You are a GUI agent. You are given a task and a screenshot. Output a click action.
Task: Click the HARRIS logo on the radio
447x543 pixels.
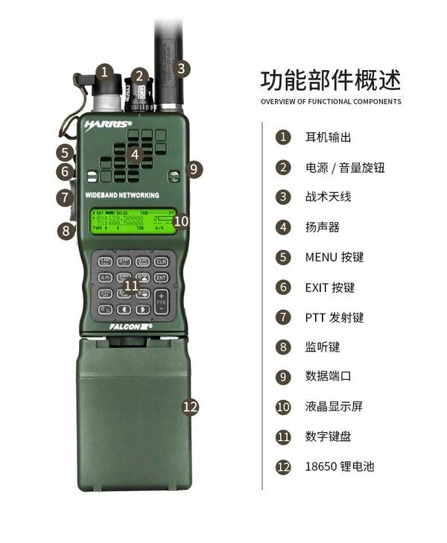click(109, 124)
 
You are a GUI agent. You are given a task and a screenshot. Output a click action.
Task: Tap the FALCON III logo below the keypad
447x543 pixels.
click(130, 326)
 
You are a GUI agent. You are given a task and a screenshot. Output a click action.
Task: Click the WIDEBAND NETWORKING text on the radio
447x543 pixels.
click(122, 194)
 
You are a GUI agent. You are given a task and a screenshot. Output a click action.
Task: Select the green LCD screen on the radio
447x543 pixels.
click(133, 220)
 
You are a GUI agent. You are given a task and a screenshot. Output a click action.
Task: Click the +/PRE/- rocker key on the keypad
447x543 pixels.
click(161, 301)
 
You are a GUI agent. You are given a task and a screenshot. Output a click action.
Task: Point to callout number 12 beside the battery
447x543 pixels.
click(191, 406)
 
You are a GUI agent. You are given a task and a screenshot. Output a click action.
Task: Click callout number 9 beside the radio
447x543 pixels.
click(193, 169)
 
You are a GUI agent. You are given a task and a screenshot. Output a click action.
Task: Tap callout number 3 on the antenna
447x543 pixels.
click(183, 69)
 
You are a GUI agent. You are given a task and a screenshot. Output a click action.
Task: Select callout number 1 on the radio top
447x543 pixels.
click(105, 72)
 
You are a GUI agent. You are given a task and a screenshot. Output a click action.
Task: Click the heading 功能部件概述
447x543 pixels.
click(330, 79)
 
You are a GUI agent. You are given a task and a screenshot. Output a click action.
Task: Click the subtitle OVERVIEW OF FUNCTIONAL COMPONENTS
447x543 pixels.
click(330, 101)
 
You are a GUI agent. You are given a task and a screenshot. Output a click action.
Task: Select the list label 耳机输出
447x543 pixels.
click(328, 137)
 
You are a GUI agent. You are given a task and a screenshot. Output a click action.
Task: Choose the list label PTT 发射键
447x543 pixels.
click(335, 317)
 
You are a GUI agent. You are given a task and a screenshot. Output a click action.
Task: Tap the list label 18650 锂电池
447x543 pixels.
click(339, 467)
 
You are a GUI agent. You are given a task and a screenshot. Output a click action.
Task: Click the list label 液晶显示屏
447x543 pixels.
click(334, 407)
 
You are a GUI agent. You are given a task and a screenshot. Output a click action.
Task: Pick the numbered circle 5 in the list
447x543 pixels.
click(282, 257)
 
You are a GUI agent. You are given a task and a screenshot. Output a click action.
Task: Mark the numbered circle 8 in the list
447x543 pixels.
click(282, 347)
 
